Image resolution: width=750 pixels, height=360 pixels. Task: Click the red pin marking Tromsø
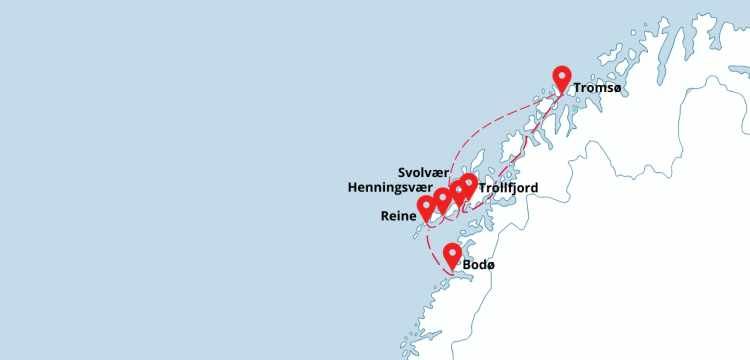tap(562, 79)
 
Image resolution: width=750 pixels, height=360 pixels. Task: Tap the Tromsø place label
tap(598, 90)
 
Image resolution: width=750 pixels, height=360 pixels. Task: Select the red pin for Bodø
tap(452, 256)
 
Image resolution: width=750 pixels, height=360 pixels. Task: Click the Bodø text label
tap(479, 265)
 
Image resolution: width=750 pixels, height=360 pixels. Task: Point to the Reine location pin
tap(427, 207)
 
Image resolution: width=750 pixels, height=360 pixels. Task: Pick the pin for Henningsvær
tap(442, 199)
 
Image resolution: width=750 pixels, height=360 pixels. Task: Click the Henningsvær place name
tap(390, 187)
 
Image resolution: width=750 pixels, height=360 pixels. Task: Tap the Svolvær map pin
tap(458, 191)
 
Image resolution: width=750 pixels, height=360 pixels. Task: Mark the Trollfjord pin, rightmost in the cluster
tap(468, 185)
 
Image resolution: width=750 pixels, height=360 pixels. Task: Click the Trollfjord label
tap(509, 187)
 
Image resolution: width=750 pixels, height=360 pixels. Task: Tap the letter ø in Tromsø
tap(617, 90)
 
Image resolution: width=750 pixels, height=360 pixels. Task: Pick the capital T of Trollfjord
tap(483, 187)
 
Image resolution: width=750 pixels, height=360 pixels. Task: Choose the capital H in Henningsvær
tap(352, 187)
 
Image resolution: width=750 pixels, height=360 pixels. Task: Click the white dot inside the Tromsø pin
tap(562, 75)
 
